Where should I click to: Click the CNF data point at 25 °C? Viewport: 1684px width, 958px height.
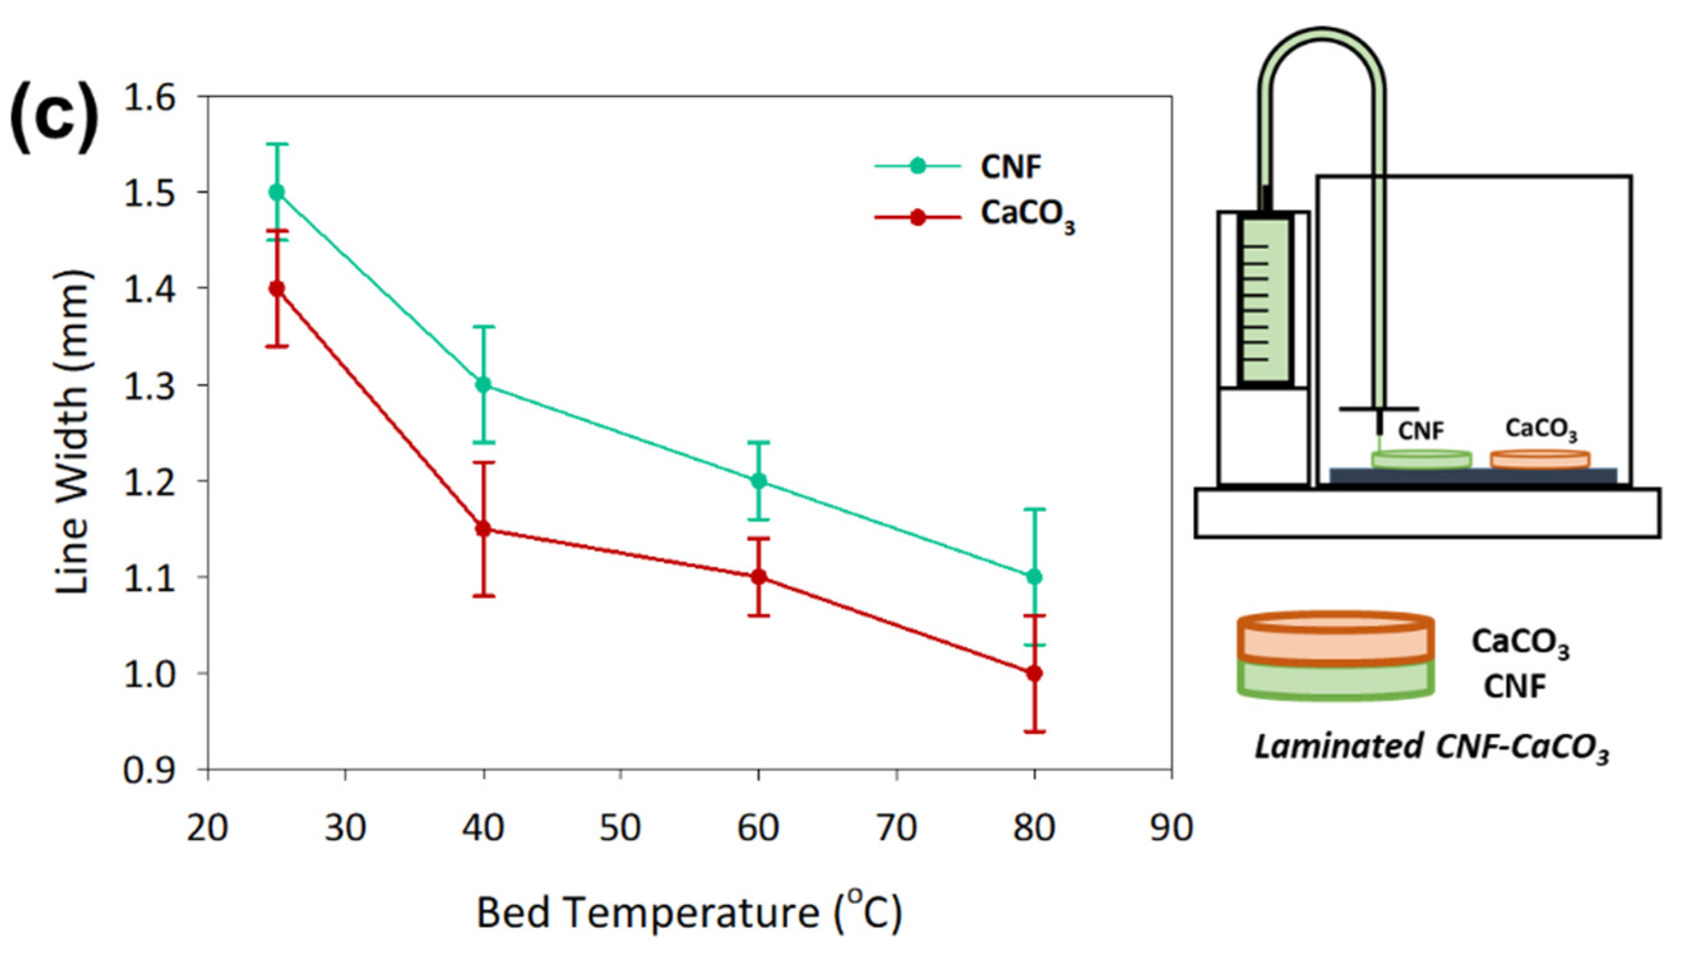[277, 192]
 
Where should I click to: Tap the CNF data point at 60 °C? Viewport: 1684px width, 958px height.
[758, 480]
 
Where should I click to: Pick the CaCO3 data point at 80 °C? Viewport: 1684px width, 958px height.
[1034, 673]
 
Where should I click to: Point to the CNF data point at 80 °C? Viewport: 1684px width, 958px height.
[1034, 577]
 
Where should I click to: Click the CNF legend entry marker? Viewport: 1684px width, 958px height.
[917, 166]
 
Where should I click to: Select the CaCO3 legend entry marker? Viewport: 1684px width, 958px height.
[917, 217]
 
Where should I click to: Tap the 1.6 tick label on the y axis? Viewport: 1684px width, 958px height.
[151, 98]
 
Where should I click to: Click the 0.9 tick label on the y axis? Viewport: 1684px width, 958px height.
[151, 770]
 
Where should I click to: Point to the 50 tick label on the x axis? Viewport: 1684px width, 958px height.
[620, 828]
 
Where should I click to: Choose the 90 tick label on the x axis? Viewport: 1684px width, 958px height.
[1172, 828]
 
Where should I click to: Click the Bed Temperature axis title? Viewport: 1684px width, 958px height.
[689, 913]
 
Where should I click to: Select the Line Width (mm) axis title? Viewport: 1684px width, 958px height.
[71, 432]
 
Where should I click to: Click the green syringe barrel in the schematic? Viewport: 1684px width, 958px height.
[1265, 299]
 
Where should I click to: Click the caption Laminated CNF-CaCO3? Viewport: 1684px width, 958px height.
[1431, 748]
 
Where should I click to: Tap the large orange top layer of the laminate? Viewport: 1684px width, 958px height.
[1335, 638]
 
